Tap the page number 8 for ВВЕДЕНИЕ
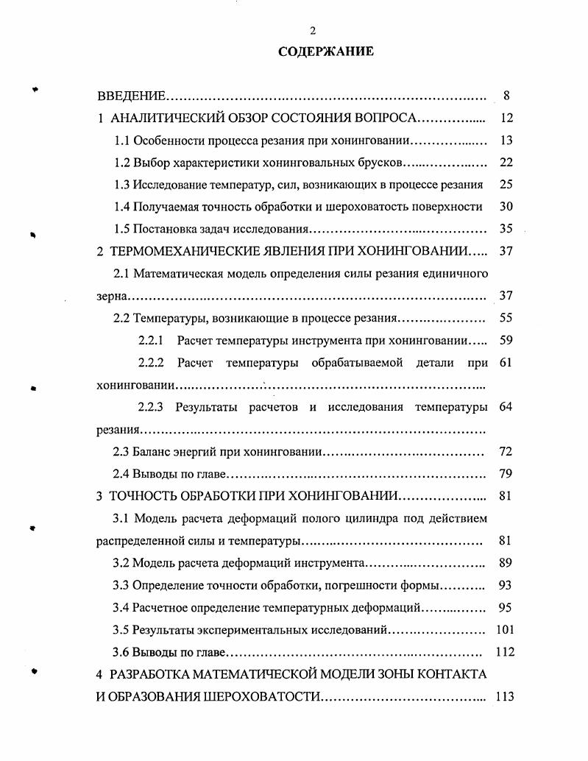[506, 96]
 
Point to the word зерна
[112, 296]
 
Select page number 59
[506, 341]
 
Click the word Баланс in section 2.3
[152, 451]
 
